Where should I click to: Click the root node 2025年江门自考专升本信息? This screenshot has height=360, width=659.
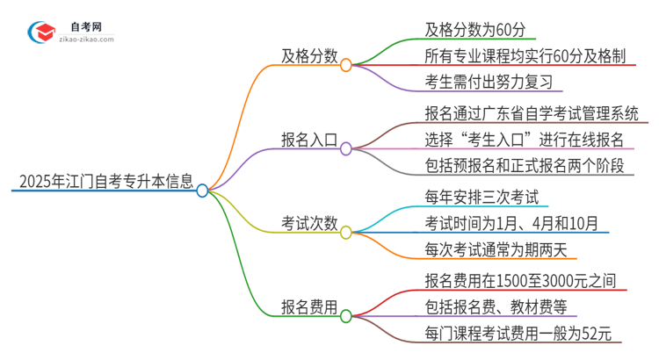pos(103,183)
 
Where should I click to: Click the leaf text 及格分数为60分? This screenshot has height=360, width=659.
pos(474,30)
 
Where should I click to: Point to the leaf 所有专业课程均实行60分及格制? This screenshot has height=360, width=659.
pos(524,57)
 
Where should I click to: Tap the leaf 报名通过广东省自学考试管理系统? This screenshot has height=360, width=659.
pos(530,113)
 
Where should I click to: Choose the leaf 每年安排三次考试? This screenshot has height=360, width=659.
pos(481,197)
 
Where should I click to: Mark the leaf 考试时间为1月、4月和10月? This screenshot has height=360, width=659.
pos(514,224)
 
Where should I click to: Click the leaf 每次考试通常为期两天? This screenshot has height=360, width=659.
pos(496,251)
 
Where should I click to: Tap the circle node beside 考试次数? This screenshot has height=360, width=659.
pos(345,233)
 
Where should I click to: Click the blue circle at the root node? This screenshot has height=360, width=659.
pos(203,191)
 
